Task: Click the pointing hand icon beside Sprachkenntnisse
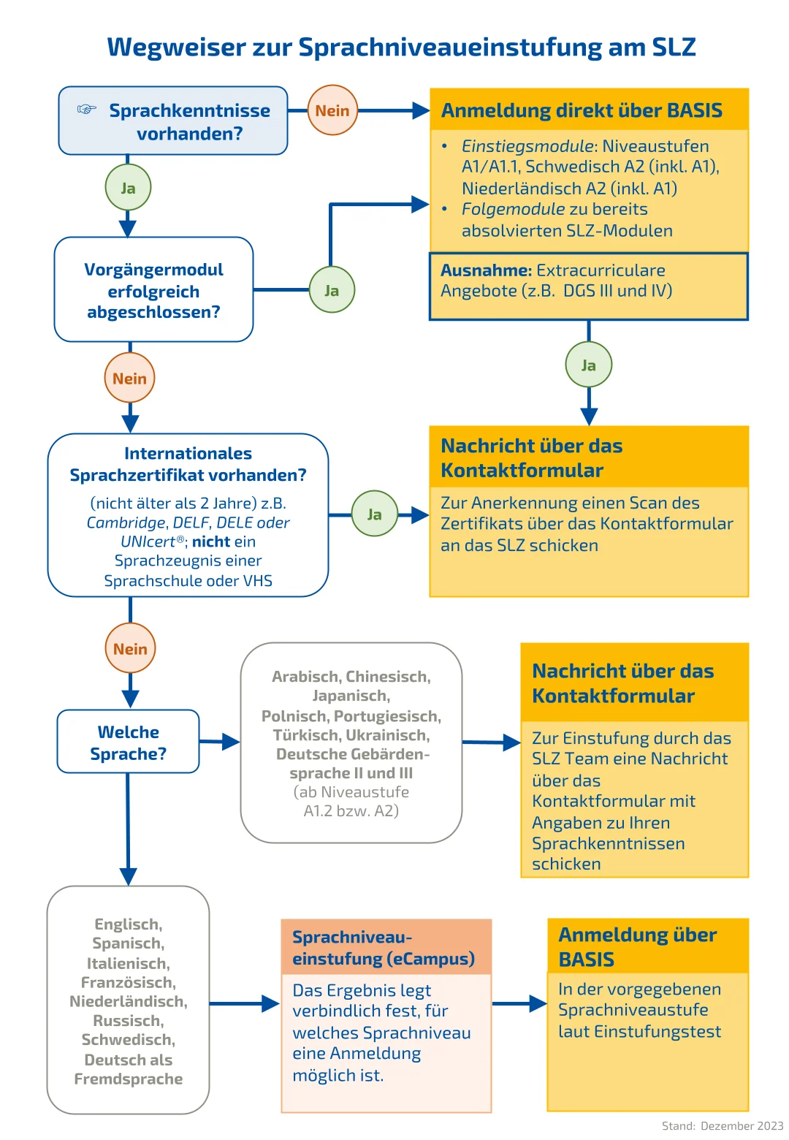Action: click(x=87, y=110)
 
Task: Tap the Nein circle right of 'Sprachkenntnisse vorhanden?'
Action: click(x=332, y=110)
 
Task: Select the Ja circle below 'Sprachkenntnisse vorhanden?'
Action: click(x=128, y=188)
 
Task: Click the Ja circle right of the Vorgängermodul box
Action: click(x=332, y=290)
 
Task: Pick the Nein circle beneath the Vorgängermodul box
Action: click(x=129, y=379)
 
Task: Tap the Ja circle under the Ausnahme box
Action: click(x=588, y=365)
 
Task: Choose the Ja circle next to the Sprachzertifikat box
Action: click(x=374, y=514)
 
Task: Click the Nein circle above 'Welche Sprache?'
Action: click(x=130, y=649)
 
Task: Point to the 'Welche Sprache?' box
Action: click(x=129, y=742)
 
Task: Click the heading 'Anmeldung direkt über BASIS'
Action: click(x=582, y=110)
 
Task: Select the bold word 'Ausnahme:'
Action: click(x=486, y=270)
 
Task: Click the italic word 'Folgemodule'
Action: click(x=513, y=209)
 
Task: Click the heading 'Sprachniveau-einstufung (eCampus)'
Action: click(x=384, y=947)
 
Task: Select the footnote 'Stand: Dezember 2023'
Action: click(x=722, y=1125)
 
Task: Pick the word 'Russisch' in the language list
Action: click(x=128, y=1020)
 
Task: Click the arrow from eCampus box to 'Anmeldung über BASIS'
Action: click(x=519, y=1004)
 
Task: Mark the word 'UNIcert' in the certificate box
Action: click(x=148, y=542)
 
